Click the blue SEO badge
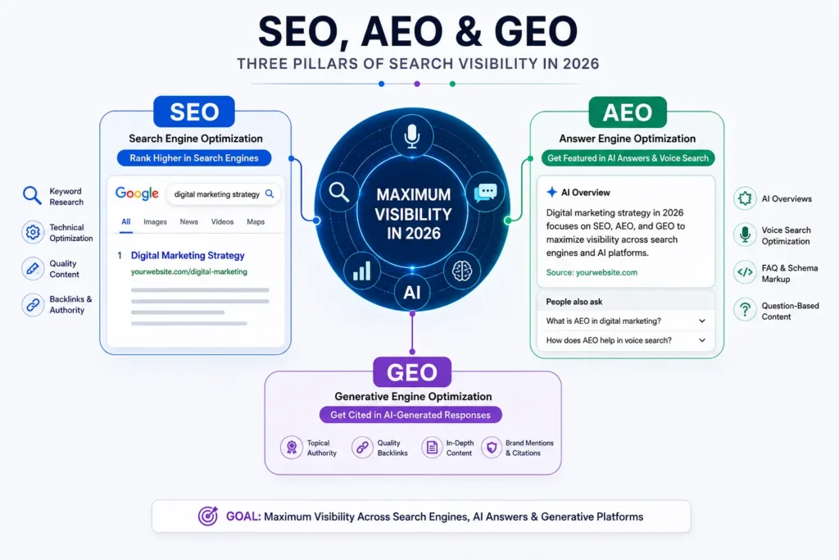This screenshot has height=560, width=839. pyautogui.click(x=194, y=112)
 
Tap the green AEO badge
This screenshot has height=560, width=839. pyautogui.click(x=628, y=112)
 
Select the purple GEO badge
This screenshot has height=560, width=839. pyautogui.click(x=412, y=372)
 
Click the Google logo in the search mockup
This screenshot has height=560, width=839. pyautogui.click(x=137, y=193)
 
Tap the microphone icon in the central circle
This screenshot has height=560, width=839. pyautogui.click(x=411, y=136)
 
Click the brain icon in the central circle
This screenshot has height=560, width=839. pyautogui.click(x=462, y=271)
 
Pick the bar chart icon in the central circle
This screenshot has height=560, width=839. pyautogui.click(x=361, y=271)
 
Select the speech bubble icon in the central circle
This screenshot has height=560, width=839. pyautogui.click(x=485, y=192)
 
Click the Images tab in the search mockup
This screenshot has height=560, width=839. pyautogui.click(x=155, y=221)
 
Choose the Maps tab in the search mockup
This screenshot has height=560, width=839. pyautogui.click(x=256, y=221)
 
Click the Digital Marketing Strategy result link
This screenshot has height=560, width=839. pyautogui.click(x=188, y=255)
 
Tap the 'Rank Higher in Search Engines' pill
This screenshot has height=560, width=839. pyautogui.click(x=194, y=158)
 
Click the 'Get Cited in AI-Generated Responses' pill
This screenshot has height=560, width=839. pyautogui.click(x=410, y=415)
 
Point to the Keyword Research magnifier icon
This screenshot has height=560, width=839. pyautogui.click(x=32, y=196)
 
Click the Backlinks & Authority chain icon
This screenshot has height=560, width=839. pyautogui.click(x=33, y=305)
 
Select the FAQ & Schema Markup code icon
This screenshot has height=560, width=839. pyautogui.click(x=745, y=272)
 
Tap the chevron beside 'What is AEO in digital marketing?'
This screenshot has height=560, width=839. pyautogui.click(x=702, y=321)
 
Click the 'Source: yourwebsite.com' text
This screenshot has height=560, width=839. pyautogui.click(x=592, y=272)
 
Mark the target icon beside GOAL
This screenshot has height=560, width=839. pyautogui.click(x=208, y=516)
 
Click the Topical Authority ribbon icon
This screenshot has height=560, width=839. pyautogui.click(x=292, y=447)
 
